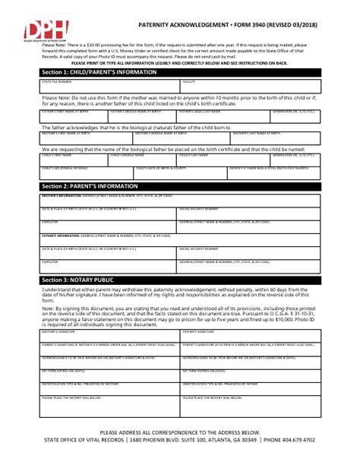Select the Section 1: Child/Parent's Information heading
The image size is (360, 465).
(x=94, y=73)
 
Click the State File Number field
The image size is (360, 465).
(x=98, y=86)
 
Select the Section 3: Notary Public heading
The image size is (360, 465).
(x=78, y=281)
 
